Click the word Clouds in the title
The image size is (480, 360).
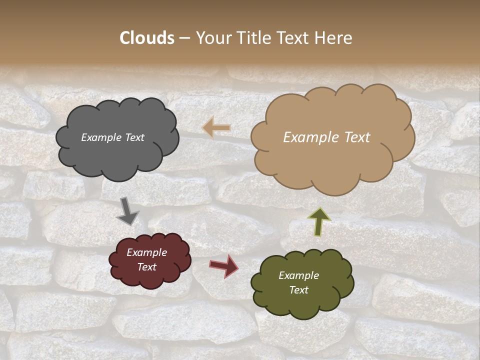point(147,38)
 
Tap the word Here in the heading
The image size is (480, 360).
point(334,38)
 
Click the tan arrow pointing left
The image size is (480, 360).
point(216,128)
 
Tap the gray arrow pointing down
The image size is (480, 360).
point(127,211)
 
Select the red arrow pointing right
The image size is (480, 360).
point(224,266)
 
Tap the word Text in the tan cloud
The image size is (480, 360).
point(354,137)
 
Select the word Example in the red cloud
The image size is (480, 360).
point(147,252)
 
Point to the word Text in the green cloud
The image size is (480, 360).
point(298,290)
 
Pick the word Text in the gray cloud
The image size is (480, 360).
point(134,137)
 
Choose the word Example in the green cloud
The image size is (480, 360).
point(298,275)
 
